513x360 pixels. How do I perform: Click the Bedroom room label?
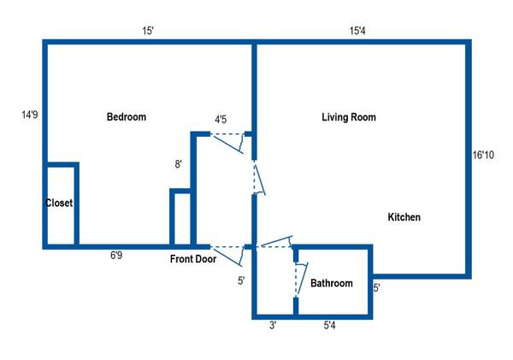[126, 117]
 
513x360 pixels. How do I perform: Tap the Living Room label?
[348, 117]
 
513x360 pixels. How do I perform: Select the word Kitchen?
[404, 217]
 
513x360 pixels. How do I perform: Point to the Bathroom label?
[331, 283]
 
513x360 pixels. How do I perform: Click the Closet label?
[59, 204]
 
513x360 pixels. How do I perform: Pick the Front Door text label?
[192, 259]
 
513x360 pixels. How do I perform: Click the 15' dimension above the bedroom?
[148, 31]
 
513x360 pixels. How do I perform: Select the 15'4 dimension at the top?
[358, 31]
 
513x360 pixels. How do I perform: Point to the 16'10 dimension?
[483, 155]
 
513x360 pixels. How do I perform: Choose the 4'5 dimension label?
[221, 120]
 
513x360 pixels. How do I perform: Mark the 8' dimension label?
[178, 164]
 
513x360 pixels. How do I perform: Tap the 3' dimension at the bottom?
[272, 326]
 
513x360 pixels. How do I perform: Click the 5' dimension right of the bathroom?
[377, 287]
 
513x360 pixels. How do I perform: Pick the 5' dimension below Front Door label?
[241, 280]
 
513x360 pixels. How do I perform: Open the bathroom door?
[298, 274]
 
